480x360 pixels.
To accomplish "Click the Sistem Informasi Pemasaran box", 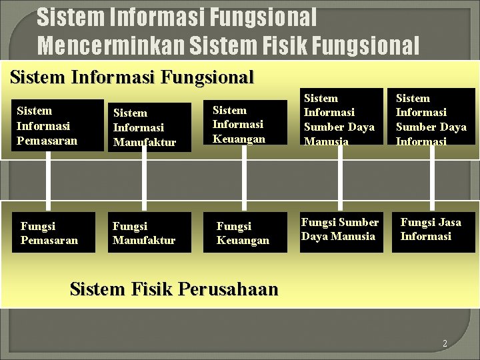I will pyautogui.click(x=57, y=125).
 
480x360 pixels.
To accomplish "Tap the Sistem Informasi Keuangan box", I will pyautogui.click(x=245, y=125).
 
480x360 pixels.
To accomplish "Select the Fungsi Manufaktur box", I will pyautogui.click(x=149, y=232).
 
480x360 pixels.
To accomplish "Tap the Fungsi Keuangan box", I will pyautogui.click(x=245, y=232).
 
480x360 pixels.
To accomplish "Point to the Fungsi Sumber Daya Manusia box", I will pyautogui.click(x=340, y=230).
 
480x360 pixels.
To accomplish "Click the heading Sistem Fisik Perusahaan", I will pyautogui.click(x=173, y=289).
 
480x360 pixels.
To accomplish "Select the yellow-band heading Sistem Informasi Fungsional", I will pyautogui.click(x=132, y=77).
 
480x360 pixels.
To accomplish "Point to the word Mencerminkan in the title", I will pyautogui.click(x=111, y=45).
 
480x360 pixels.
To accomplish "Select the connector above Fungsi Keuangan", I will pyautogui.click(x=244, y=179).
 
